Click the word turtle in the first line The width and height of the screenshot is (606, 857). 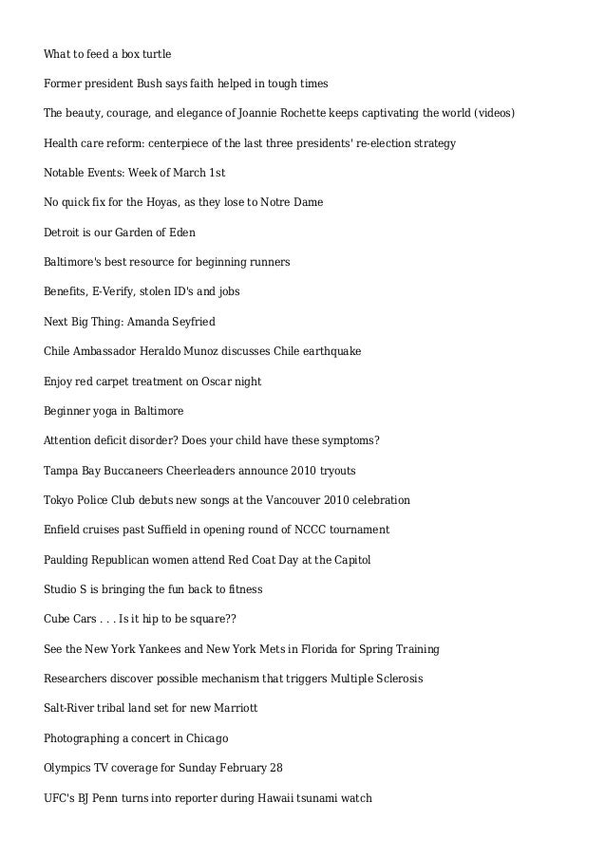click(153, 54)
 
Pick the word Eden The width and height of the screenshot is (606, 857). click(182, 233)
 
